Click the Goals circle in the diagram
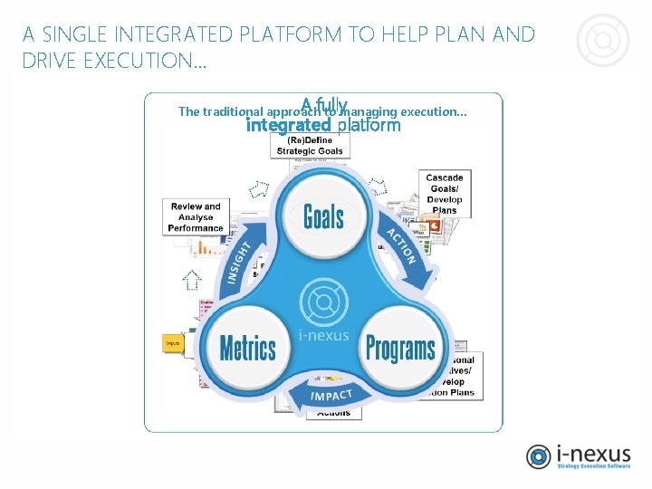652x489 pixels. [x=323, y=216]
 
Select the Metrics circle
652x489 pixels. [x=248, y=348]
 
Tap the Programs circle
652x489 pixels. [x=399, y=347]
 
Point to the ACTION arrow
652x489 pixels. [x=402, y=244]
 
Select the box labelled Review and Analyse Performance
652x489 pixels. [x=196, y=217]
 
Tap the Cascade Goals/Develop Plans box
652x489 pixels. [x=444, y=194]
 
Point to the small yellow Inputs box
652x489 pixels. [x=173, y=343]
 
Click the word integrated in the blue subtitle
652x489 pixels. [x=288, y=125]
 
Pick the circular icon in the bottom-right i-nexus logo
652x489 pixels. [x=539, y=457]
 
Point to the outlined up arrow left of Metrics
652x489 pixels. [x=192, y=281]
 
